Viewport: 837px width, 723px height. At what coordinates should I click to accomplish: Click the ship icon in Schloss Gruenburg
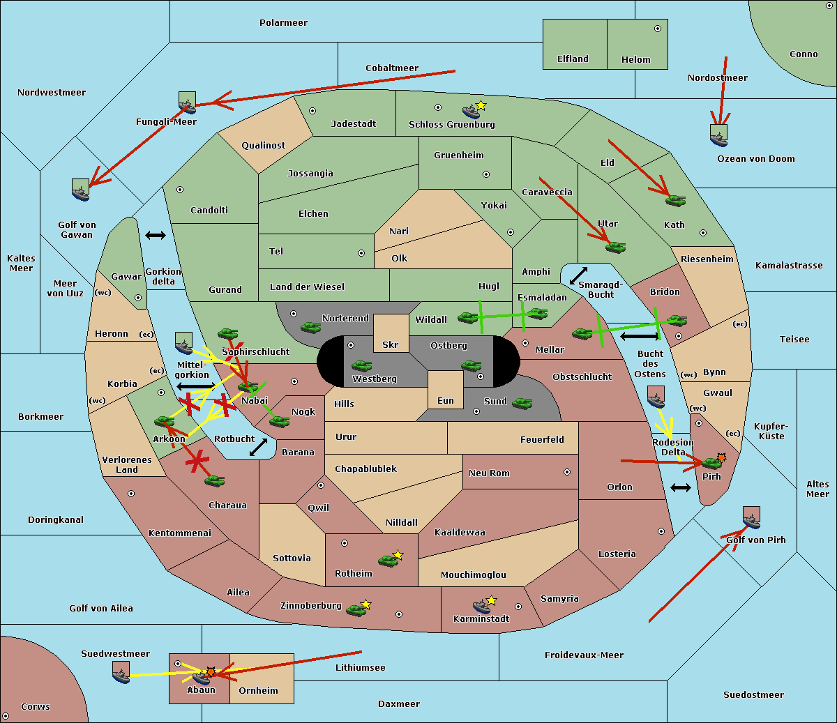[471, 111]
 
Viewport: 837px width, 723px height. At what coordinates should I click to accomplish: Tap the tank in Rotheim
[388, 561]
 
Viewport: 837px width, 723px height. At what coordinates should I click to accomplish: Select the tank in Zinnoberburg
[356, 610]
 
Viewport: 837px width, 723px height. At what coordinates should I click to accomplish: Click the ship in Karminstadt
[481, 607]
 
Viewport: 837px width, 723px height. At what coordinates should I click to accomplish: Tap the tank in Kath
[675, 200]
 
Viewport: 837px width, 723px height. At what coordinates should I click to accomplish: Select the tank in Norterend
[310, 327]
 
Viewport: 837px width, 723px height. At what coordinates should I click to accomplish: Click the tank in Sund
[522, 403]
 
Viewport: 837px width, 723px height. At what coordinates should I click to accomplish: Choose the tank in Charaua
[214, 481]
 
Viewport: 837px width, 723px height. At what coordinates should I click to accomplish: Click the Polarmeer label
[283, 23]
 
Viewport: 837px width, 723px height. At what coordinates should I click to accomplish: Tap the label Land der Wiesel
[307, 287]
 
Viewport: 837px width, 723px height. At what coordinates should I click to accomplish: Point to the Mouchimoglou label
[474, 574]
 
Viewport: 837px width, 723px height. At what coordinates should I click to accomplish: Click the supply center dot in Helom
[658, 29]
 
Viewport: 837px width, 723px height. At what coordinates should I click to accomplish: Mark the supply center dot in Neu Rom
[567, 472]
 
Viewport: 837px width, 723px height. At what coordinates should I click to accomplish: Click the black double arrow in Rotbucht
[258, 448]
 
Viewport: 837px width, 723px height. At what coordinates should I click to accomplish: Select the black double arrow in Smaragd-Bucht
[578, 275]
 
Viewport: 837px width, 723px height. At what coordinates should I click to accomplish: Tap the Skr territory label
[391, 344]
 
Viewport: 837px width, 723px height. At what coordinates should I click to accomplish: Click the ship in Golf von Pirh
[752, 518]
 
